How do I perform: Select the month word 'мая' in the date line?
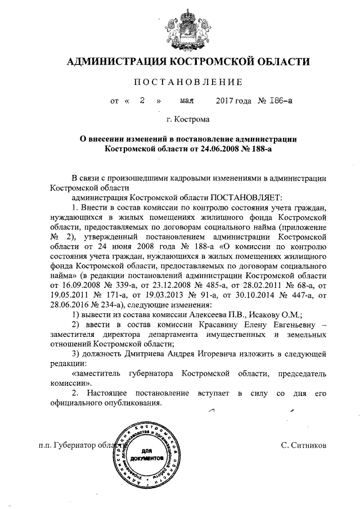click(x=187, y=101)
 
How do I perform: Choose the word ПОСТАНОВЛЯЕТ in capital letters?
click(x=245, y=198)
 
